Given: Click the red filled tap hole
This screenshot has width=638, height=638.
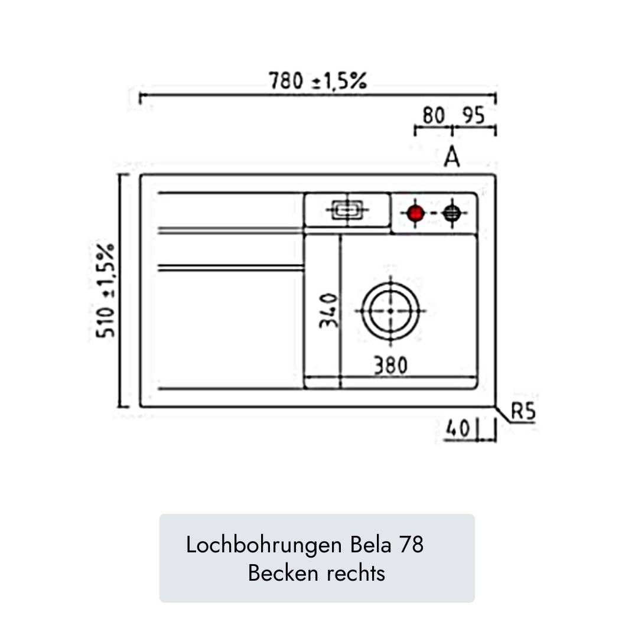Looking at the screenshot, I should (x=416, y=213).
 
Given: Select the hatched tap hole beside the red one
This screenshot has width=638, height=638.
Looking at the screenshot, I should (x=452, y=213).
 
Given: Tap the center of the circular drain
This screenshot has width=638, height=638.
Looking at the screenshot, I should (x=390, y=311).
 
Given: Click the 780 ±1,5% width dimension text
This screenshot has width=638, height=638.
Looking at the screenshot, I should (x=318, y=81).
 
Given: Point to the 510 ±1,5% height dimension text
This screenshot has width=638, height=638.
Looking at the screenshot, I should (x=107, y=289).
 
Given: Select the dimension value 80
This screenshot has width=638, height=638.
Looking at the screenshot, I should (x=433, y=116).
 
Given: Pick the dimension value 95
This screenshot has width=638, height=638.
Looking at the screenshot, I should (x=473, y=116).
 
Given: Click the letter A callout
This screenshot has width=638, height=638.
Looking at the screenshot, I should (x=452, y=157).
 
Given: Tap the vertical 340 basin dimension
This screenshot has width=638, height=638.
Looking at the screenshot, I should (x=328, y=311).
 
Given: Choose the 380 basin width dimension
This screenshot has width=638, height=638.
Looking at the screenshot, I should (x=390, y=366).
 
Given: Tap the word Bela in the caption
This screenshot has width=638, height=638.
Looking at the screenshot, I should (x=370, y=545).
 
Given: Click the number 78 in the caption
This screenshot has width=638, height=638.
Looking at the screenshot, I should (x=412, y=545).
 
